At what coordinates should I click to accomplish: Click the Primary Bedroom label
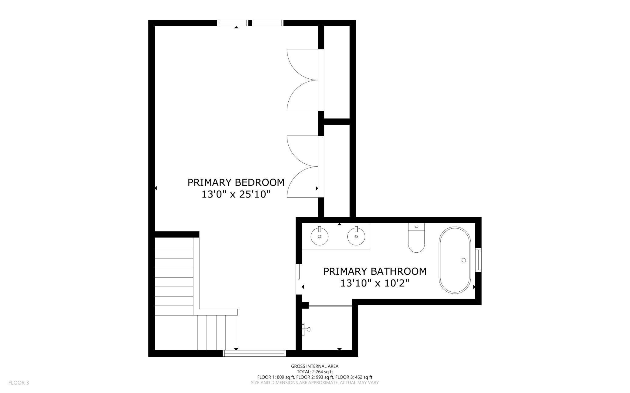[x=236, y=182]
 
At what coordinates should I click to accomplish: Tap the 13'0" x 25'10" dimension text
[x=236, y=194]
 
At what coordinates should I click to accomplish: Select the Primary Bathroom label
[x=375, y=271]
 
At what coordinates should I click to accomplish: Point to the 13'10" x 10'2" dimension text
[x=375, y=283]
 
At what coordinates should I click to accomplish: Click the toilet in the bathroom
[x=416, y=238]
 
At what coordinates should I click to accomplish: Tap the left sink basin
[x=320, y=236]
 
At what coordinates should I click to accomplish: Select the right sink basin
[x=356, y=236]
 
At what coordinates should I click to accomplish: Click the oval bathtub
[x=455, y=260]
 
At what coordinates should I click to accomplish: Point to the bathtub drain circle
[x=463, y=260]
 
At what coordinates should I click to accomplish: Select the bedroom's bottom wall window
[x=254, y=353]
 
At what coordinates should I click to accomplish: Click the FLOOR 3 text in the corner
[x=18, y=383]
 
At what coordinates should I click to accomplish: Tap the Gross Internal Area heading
[x=315, y=366]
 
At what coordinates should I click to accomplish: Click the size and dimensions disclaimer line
[x=315, y=382]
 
